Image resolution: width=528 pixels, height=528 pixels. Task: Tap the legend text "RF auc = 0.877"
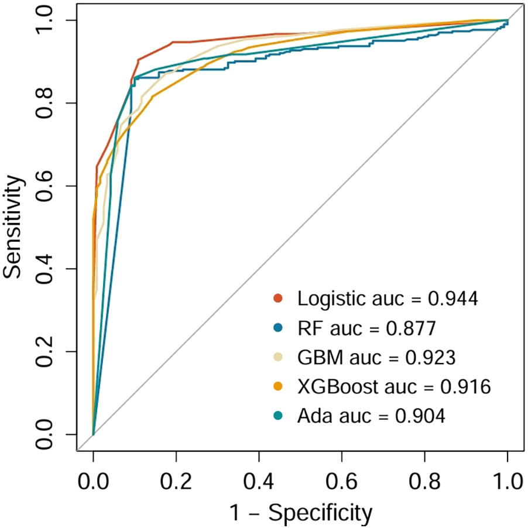coord(366,328)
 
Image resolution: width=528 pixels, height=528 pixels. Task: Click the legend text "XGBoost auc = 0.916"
coord(393,386)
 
